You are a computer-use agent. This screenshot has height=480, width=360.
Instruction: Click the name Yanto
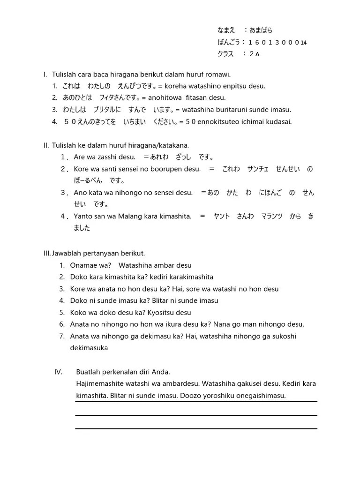pos(83,216)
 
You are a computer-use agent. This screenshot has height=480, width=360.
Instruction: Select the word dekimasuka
pos(89,348)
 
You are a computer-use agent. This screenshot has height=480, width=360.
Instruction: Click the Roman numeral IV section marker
pos(58,372)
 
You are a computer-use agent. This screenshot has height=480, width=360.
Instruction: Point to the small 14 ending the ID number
pos(303,43)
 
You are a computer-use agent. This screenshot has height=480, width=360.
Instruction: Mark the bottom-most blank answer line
pos(196,428)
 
